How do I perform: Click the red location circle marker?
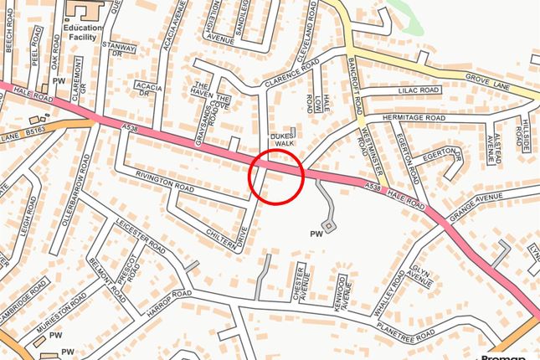[275, 176]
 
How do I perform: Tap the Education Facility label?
[83, 32]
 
